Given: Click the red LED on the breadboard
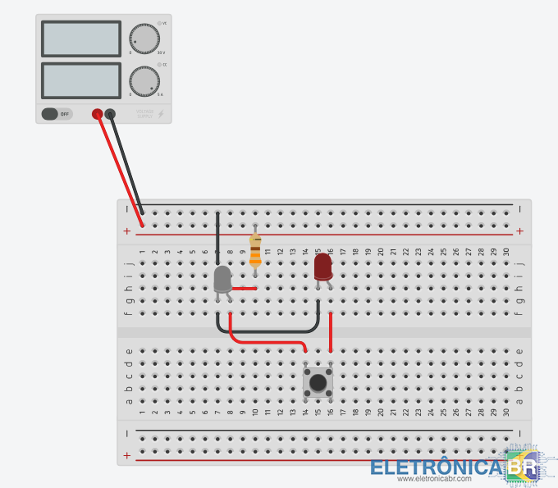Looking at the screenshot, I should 322,267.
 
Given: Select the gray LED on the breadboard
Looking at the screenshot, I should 222,279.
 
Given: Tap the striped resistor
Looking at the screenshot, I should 255,250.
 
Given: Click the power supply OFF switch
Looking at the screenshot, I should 57,114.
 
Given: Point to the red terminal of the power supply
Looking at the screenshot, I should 97,114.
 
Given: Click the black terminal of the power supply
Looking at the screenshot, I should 111,114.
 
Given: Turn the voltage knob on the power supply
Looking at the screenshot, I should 144,38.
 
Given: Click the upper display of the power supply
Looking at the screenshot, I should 80,38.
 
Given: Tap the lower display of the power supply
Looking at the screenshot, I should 80,80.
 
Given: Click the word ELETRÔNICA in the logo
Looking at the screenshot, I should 435,467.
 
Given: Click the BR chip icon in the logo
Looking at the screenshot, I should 520,467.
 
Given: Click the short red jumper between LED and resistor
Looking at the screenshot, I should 245,289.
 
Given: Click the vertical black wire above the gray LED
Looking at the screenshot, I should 217,238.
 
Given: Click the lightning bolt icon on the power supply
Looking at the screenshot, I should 161,113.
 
